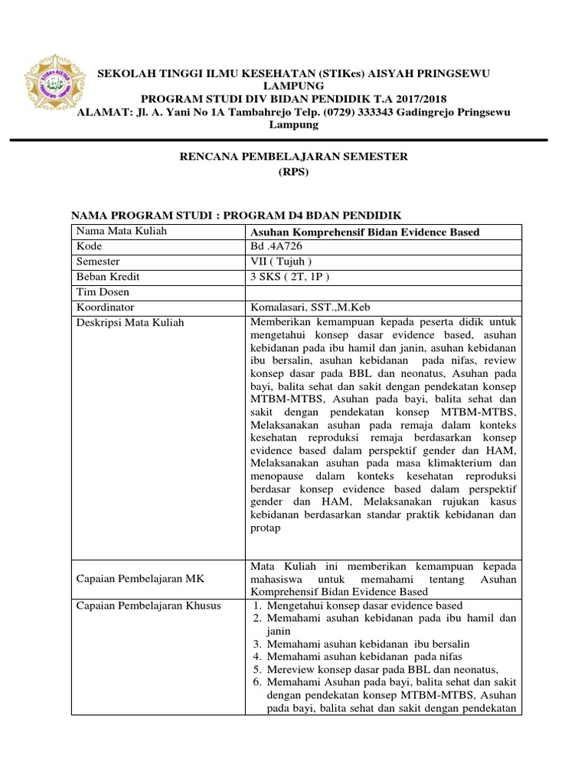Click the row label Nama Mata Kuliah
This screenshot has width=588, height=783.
(x=121, y=232)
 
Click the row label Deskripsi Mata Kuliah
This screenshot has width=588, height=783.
(x=129, y=323)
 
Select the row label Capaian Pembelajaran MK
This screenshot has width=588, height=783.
(x=135, y=578)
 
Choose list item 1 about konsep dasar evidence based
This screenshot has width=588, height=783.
(x=359, y=606)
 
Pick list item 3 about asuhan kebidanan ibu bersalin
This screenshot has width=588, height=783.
(x=367, y=644)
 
